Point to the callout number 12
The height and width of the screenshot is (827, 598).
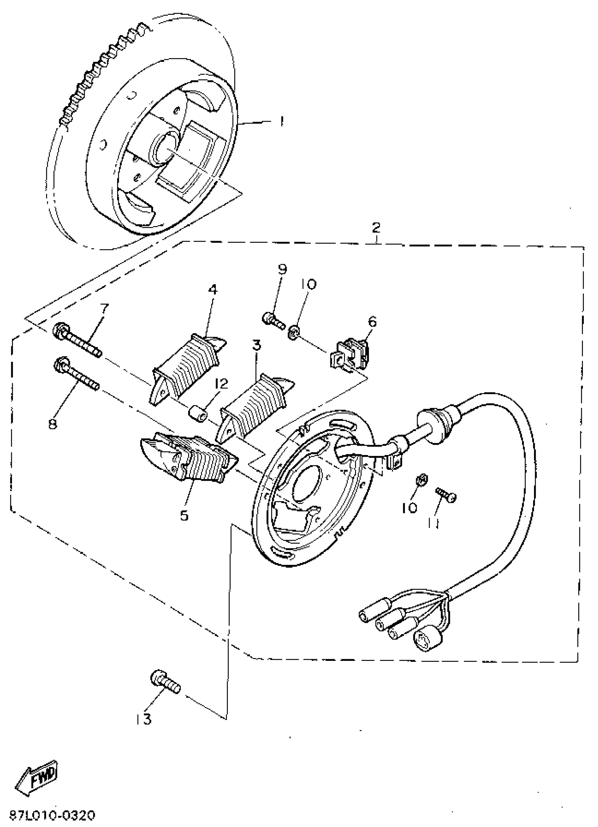[221, 384]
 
